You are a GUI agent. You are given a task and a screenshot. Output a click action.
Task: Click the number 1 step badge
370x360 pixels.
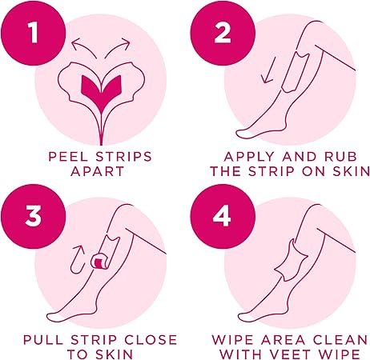pos(33,33)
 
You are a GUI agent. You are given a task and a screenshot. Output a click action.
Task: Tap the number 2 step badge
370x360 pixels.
pos(223,33)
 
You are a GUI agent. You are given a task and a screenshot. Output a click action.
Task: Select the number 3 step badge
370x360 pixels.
pos(33,216)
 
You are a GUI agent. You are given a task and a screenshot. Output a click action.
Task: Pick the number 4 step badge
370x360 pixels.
pos(223,216)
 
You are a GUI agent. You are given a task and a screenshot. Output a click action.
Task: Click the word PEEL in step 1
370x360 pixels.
pos(68,157)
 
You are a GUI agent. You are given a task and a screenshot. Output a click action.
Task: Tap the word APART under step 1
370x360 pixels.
pos(98,171)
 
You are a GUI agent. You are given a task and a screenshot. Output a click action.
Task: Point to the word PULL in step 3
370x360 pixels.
pos(43,340)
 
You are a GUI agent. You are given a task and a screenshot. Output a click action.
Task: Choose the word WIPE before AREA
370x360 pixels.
pos(232,340)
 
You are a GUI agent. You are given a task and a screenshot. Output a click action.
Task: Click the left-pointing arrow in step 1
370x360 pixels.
pos(82,46)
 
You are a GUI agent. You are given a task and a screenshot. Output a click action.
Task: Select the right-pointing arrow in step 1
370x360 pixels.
pos(119,46)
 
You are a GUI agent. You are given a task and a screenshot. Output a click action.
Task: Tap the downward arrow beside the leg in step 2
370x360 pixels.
pos(269,72)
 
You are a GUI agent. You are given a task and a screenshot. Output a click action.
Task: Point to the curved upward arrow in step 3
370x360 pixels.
pos(76,260)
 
